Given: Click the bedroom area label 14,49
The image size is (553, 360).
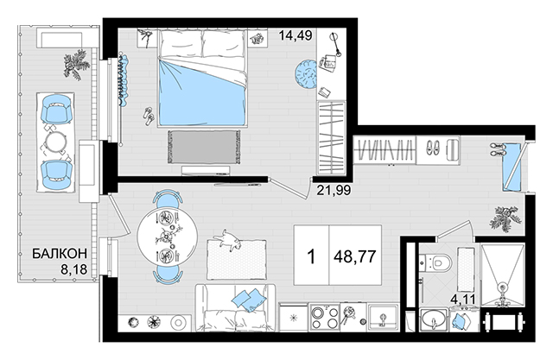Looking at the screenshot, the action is (296, 35).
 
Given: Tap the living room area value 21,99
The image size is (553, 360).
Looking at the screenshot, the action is (334, 190).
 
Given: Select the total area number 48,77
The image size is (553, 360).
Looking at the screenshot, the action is (355, 256).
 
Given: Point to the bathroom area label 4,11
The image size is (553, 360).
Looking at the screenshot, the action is (463, 300).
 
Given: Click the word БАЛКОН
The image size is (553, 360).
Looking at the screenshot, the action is (60, 254).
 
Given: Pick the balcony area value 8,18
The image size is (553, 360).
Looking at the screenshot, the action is (74, 269).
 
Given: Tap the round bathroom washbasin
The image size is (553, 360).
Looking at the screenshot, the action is (434, 319).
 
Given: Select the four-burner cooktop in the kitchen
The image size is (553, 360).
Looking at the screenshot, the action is (324, 317).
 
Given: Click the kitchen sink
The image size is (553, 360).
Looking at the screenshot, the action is (382, 318).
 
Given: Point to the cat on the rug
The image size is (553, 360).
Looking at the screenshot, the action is (229, 240).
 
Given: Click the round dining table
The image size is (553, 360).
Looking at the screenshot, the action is (167, 236).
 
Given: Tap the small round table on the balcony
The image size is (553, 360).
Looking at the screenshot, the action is (56, 142).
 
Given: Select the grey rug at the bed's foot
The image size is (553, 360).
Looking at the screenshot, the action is (204, 147).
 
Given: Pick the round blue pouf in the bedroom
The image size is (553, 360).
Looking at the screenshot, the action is (306, 75).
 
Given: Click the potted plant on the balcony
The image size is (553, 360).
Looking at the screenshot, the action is (76, 65).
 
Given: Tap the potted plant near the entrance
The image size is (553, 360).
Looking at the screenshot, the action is (505, 219).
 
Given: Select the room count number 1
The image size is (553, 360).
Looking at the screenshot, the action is (311, 256).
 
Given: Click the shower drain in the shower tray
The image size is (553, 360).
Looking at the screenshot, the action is (502, 287).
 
